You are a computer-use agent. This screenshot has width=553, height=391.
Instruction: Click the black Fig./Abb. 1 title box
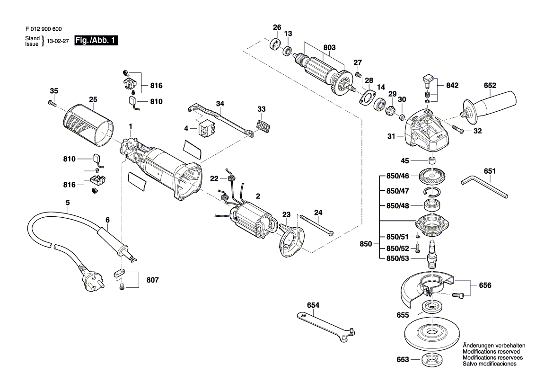pos(96,40)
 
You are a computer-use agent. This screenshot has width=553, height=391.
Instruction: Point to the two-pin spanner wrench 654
pos(326,324)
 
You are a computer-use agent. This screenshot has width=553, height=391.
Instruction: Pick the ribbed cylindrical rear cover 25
pos(88,125)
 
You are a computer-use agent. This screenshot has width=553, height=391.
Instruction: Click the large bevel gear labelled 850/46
pos(433,176)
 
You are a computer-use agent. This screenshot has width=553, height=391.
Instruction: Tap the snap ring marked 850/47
pos(432,192)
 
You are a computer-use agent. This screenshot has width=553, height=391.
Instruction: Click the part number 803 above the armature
pos(329,47)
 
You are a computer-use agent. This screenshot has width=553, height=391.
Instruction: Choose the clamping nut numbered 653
pos(432,360)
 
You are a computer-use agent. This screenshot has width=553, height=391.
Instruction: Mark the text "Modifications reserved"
pos(492,352)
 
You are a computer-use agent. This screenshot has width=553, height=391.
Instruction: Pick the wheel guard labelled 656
pos(427,288)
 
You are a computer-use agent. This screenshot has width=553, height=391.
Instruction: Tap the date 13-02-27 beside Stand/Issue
pos(58,41)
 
